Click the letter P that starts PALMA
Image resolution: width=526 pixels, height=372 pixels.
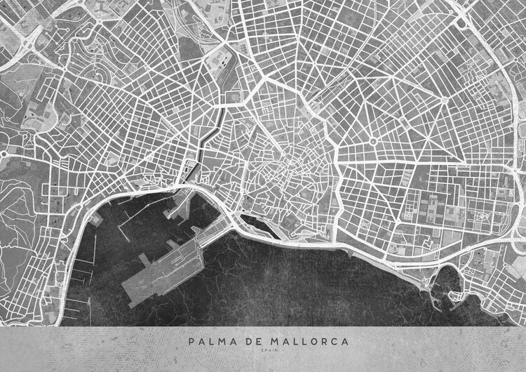coord(191,342)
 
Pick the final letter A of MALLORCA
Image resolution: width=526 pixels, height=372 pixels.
coord(343,342)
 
